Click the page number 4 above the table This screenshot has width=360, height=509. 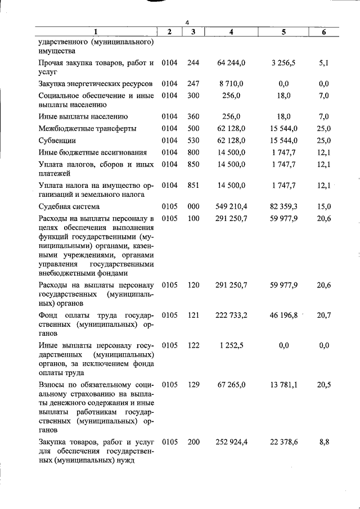(x=187, y=22)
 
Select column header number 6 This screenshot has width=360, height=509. (x=324, y=32)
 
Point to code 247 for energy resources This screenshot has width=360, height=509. (x=193, y=84)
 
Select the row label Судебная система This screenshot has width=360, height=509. (x=70, y=206)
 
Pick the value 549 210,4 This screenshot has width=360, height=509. (x=231, y=206)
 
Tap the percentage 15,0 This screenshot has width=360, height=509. (x=324, y=206)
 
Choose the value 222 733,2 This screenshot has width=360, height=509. (x=231, y=315)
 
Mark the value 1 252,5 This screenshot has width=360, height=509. (x=231, y=345)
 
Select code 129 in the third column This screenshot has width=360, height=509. (x=193, y=385)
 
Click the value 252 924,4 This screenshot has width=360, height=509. (x=231, y=442)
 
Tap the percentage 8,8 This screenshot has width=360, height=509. (x=324, y=442)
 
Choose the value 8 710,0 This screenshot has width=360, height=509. (x=231, y=84)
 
